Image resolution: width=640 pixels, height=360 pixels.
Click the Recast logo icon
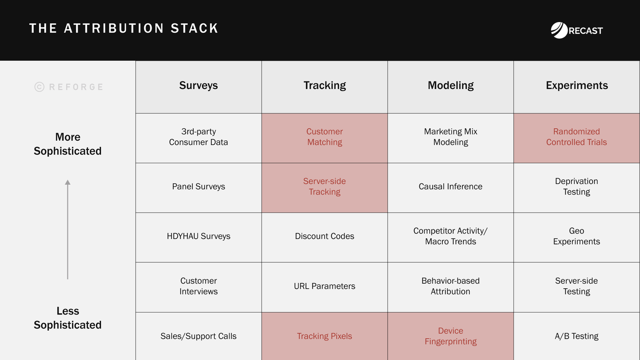tap(559, 30)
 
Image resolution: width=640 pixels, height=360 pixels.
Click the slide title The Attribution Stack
tap(124, 28)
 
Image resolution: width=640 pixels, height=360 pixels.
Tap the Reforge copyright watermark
tap(69, 87)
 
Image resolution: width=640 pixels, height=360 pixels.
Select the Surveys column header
tap(198, 85)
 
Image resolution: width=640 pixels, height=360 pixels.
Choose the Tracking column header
tap(325, 85)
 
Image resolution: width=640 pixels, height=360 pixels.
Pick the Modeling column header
tap(451, 85)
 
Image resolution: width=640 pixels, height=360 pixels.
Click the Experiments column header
tap(577, 85)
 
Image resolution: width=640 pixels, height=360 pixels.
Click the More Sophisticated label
tap(67, 144)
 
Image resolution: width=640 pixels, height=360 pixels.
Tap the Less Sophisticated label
tap(67, 318)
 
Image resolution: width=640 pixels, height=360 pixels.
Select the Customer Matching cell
tap(325, 137)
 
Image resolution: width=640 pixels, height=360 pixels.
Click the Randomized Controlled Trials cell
tap(576, 137)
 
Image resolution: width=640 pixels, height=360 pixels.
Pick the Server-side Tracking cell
tap(325, 186)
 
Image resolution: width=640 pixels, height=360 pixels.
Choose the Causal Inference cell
tap(451, 186)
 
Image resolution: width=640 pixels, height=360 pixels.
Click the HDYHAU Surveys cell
tap(198, 236)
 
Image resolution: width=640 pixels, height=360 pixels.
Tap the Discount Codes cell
tap(325, 236)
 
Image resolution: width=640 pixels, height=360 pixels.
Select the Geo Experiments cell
tap(576, 236)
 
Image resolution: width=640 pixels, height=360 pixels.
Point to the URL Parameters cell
tap(325, 286)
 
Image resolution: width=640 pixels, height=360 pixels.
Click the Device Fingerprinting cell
tap(451, 336)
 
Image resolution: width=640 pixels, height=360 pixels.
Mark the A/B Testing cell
tap(576, 336)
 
